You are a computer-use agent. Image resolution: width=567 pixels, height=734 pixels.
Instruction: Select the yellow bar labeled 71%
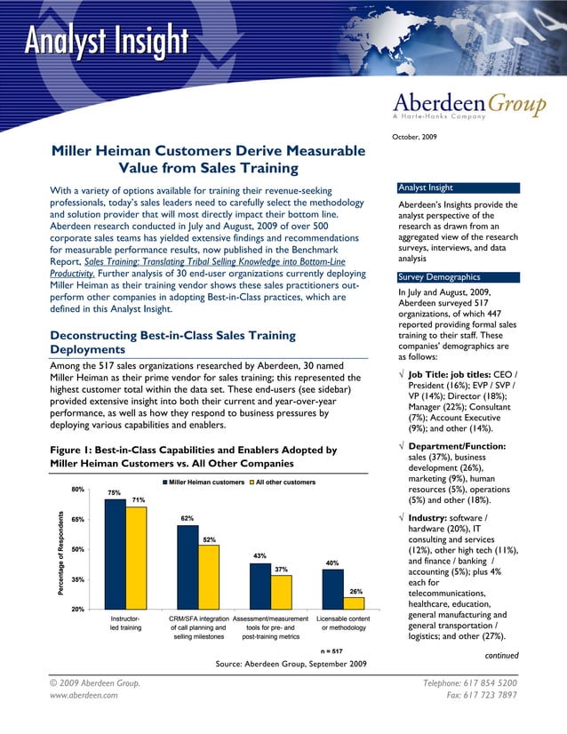pos(137,557)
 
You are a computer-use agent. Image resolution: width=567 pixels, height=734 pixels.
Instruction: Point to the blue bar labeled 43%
pos(260,586)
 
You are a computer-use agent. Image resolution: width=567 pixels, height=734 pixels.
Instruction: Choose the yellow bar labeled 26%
pos(354,602)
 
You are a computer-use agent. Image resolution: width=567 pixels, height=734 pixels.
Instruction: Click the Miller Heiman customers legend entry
pos(206,482)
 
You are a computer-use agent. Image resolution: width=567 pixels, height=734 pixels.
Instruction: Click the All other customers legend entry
pos(285,482)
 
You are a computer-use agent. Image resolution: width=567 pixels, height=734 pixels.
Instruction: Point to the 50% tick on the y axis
pos(78,549)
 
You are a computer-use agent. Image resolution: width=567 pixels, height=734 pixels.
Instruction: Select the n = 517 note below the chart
pos(332,650)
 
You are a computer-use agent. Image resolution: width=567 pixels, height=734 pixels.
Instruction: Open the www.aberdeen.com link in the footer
pos(85,696)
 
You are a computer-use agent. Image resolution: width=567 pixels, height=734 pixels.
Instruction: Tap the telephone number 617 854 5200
pos(491,682)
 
